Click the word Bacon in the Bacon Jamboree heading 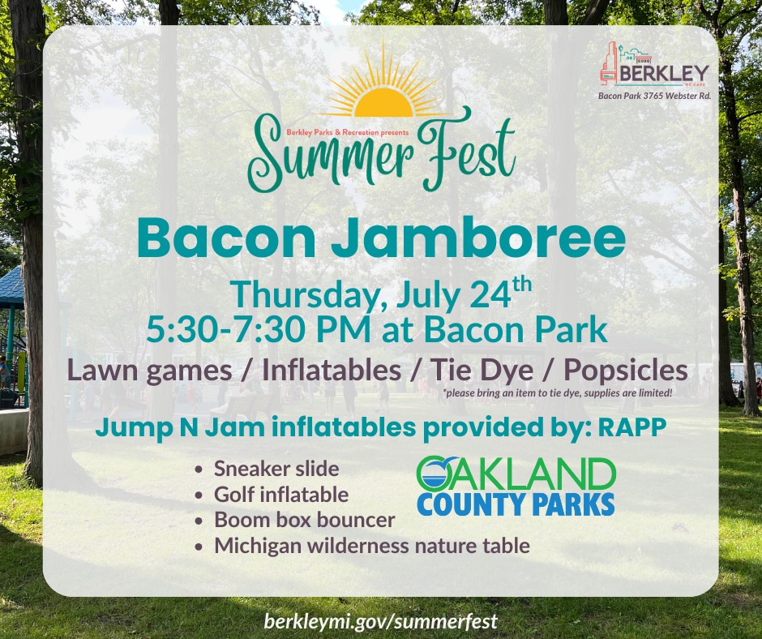[x=227, y=238]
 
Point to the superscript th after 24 [x=522, y=285]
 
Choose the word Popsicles [x=626, y=371]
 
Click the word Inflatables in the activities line [x=332, y=371]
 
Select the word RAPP [x=631, y=427]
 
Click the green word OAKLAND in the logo [x=516, y=474]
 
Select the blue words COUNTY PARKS [x=516, y=504]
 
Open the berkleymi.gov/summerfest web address [x=381, y=621]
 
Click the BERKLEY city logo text [x=665, y=74]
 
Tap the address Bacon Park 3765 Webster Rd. [x=655, y=96]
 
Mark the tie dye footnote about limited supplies [x=558, y=393]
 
